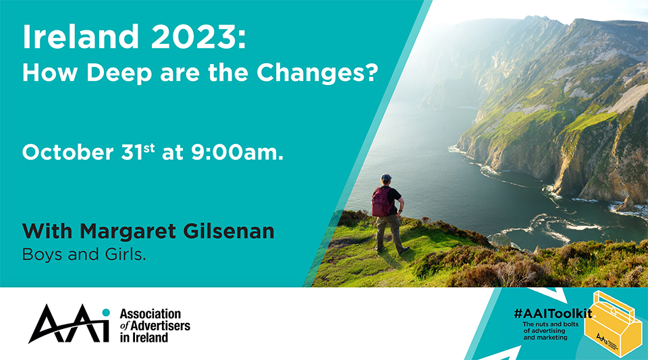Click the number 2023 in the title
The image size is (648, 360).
point(194,36)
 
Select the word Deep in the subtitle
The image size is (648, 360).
point(119,73)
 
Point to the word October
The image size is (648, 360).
point(67,152)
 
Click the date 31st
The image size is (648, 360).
point(138,152)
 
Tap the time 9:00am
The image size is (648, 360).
point(237,152)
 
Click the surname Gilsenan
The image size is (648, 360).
point(229,230)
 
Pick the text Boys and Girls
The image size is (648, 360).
point(84,255)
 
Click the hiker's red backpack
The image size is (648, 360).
point(381,202)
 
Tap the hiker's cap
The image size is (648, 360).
point(386,178)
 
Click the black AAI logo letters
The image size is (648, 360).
point(69,324)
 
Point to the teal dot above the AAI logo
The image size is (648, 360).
point(106,312)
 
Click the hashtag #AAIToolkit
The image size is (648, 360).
point(553,313)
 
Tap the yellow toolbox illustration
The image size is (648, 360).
point(614,324)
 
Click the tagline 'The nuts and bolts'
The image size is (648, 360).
point(551,324)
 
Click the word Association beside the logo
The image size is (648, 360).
point(151,314)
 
